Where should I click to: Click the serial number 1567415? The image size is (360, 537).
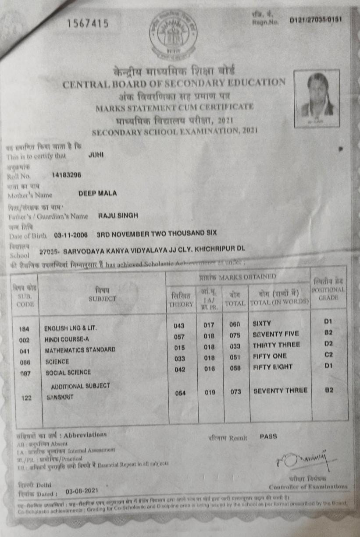88,24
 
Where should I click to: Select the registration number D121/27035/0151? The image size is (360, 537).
316,20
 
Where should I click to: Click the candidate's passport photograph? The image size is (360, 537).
317,98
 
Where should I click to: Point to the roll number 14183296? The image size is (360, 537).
66,175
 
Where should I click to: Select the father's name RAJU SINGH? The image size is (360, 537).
118,215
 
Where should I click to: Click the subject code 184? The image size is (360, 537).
25,329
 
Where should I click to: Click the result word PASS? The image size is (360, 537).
268,437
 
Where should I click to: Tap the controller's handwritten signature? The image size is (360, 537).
303,457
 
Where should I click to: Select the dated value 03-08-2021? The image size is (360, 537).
82,491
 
